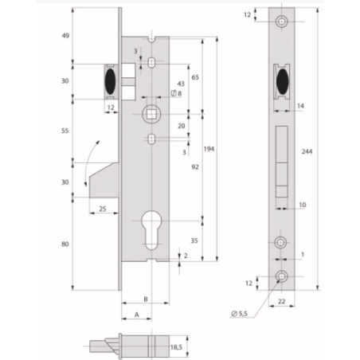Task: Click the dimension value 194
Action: point(209,149)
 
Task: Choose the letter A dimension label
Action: point(136,315)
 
